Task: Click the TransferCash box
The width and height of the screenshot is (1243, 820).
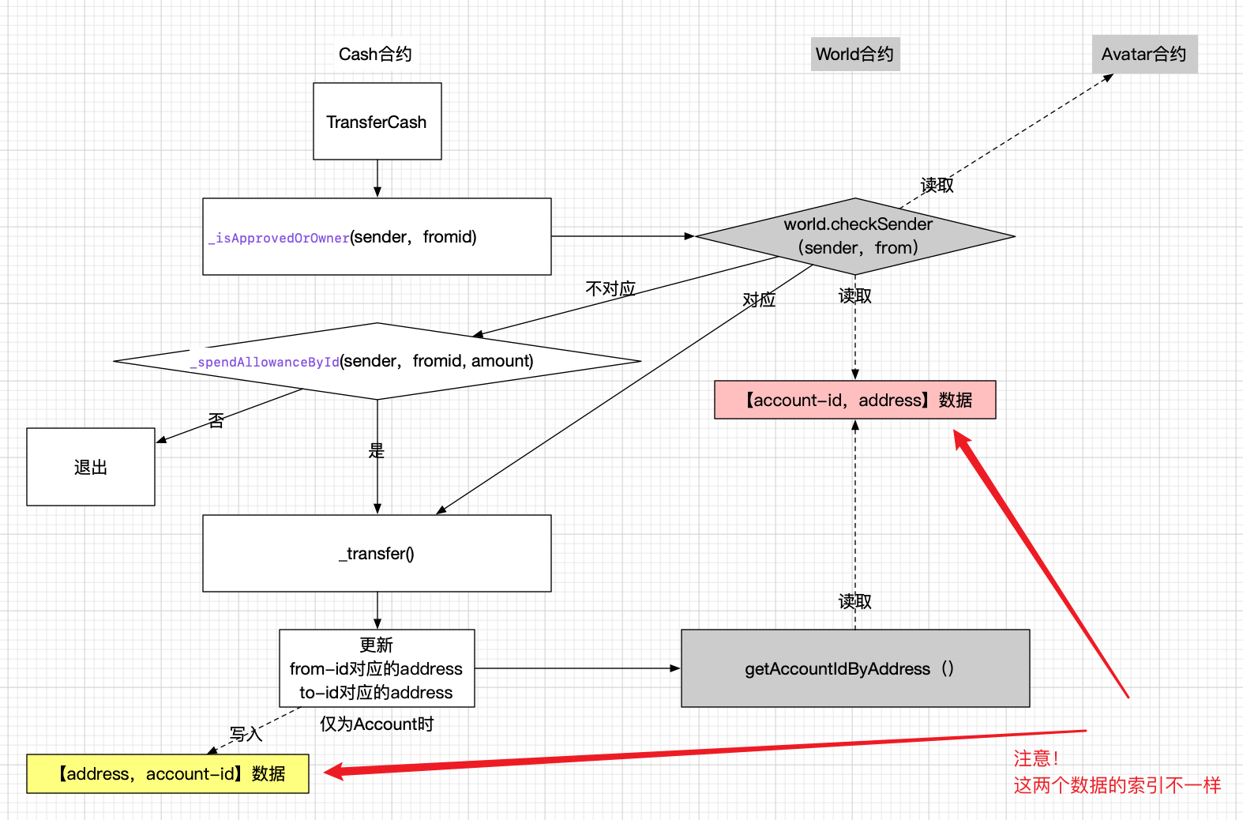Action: [x=377, y=122]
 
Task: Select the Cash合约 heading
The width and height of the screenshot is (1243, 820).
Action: [x=375, y=55]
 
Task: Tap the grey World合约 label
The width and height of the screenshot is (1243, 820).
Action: [x=854, y=55]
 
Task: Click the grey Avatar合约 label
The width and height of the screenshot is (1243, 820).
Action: [x=1143, y=55]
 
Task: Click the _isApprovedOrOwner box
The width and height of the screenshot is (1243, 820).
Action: [x=377, y=237]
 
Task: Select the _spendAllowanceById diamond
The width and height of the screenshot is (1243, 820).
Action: [x=377, y=362]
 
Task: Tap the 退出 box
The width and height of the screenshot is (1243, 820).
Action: [x=91, y=467]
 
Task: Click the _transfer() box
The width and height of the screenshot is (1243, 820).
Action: [x=377, y=554]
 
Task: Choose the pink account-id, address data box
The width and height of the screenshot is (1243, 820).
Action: [x=855, y=401]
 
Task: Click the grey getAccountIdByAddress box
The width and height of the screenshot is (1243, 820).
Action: [x=855, y=668]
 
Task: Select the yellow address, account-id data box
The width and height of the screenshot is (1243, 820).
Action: [x=168, y=774]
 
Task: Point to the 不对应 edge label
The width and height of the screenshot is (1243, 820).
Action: [x=610, y=289]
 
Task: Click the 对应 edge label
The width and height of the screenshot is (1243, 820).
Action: [x=759, y=300]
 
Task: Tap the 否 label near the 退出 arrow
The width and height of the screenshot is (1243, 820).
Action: [x=216, y=421]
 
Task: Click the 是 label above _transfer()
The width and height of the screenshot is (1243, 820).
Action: [x=377, y=451]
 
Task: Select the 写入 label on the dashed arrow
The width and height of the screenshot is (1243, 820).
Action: [x=245, y=734]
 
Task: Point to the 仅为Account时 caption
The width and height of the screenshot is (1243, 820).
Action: [x=377, y=724]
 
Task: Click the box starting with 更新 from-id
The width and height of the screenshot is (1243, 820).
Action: [x=377, y=668]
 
